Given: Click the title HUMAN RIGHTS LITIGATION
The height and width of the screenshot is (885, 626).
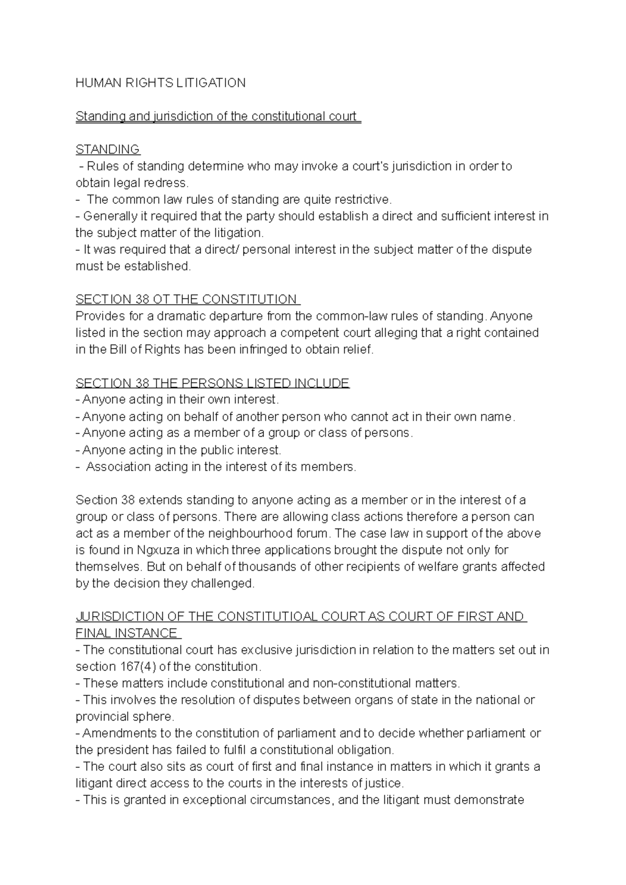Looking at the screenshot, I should [160, 83].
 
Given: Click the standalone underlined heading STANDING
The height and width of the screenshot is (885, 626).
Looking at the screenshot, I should [107, 150].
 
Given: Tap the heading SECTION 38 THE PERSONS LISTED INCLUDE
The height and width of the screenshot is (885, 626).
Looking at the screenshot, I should [212, 383].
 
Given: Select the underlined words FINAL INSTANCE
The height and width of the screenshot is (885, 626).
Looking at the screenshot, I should [127, 633].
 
